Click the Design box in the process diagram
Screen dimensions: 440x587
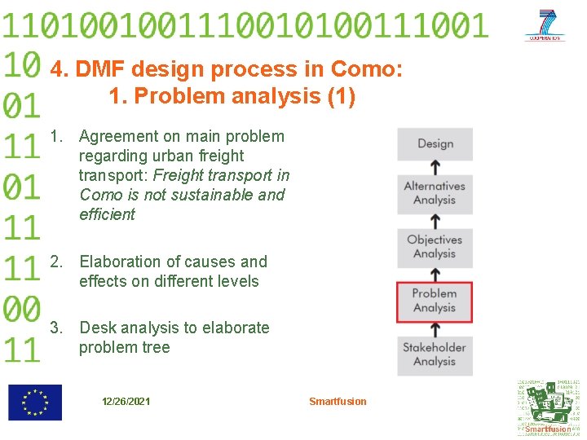click(x=435, y=144)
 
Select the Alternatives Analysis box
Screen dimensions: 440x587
click(x=435, y=193)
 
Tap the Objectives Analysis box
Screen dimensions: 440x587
click(x=435, y=247)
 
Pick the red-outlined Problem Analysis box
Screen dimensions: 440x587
click(x=435, y=301)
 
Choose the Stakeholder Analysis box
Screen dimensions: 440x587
click(x=435, y=354)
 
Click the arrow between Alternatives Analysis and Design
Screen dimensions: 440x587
click(x=435, y=167)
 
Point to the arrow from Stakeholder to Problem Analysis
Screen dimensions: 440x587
click(x=435, y=328)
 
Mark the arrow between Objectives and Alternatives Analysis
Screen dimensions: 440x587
click(x=435, y=220)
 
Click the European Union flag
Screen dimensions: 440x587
click(x=35, y=403)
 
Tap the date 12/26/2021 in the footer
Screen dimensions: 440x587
click(x=126, y=402)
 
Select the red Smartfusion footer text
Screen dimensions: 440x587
click(x=338, y=401)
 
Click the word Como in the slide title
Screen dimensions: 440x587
click(x=366, y=69)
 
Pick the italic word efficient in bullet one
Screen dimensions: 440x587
click(x=107, y=214)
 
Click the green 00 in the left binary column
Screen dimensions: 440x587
click(x=22, y=309)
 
